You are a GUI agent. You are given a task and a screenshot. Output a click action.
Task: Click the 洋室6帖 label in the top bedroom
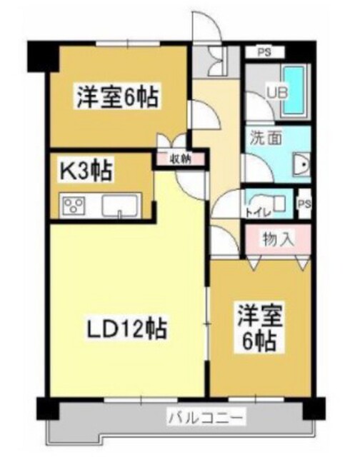117,96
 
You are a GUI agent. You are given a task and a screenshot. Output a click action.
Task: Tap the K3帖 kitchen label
84,172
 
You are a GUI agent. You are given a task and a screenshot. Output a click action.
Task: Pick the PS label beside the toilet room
304,204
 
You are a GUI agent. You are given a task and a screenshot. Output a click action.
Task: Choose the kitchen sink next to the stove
119,206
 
